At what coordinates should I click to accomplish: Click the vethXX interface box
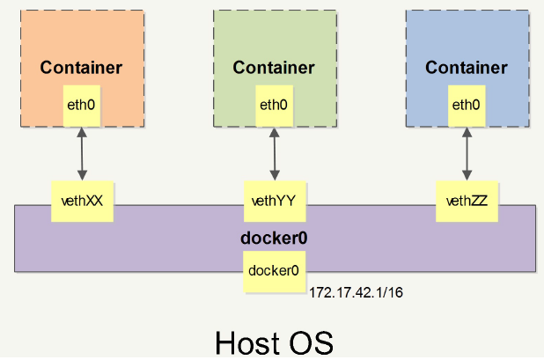[x=82, y=201]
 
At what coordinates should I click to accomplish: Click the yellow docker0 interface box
[x=273, y=271]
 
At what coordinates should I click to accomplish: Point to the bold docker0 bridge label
[x=273, y=239]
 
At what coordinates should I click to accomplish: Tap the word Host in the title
[x=247, y=342]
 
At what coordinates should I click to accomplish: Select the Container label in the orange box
[x=81, y=68]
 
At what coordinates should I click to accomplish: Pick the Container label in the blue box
[x=466, y=68]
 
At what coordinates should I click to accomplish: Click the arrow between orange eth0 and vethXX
[x=82, y=153]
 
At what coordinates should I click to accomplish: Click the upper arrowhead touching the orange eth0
[x=82, y=131]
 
